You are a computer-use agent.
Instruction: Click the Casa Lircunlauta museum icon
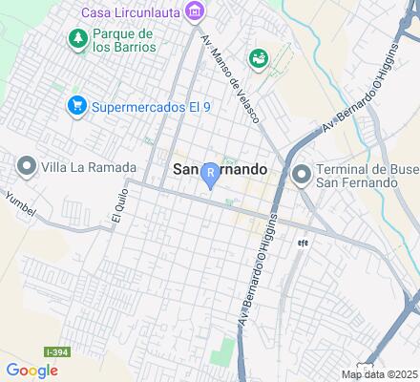coord(196,11)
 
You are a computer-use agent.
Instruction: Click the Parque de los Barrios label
coord(132,40)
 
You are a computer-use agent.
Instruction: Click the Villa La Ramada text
coord(88,166)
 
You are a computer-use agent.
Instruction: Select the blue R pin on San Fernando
coord(210,176)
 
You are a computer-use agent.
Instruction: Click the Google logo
coord(31,371)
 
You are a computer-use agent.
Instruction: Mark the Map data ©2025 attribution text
coord(380,373)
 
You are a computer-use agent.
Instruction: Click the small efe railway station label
coord(303,242)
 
